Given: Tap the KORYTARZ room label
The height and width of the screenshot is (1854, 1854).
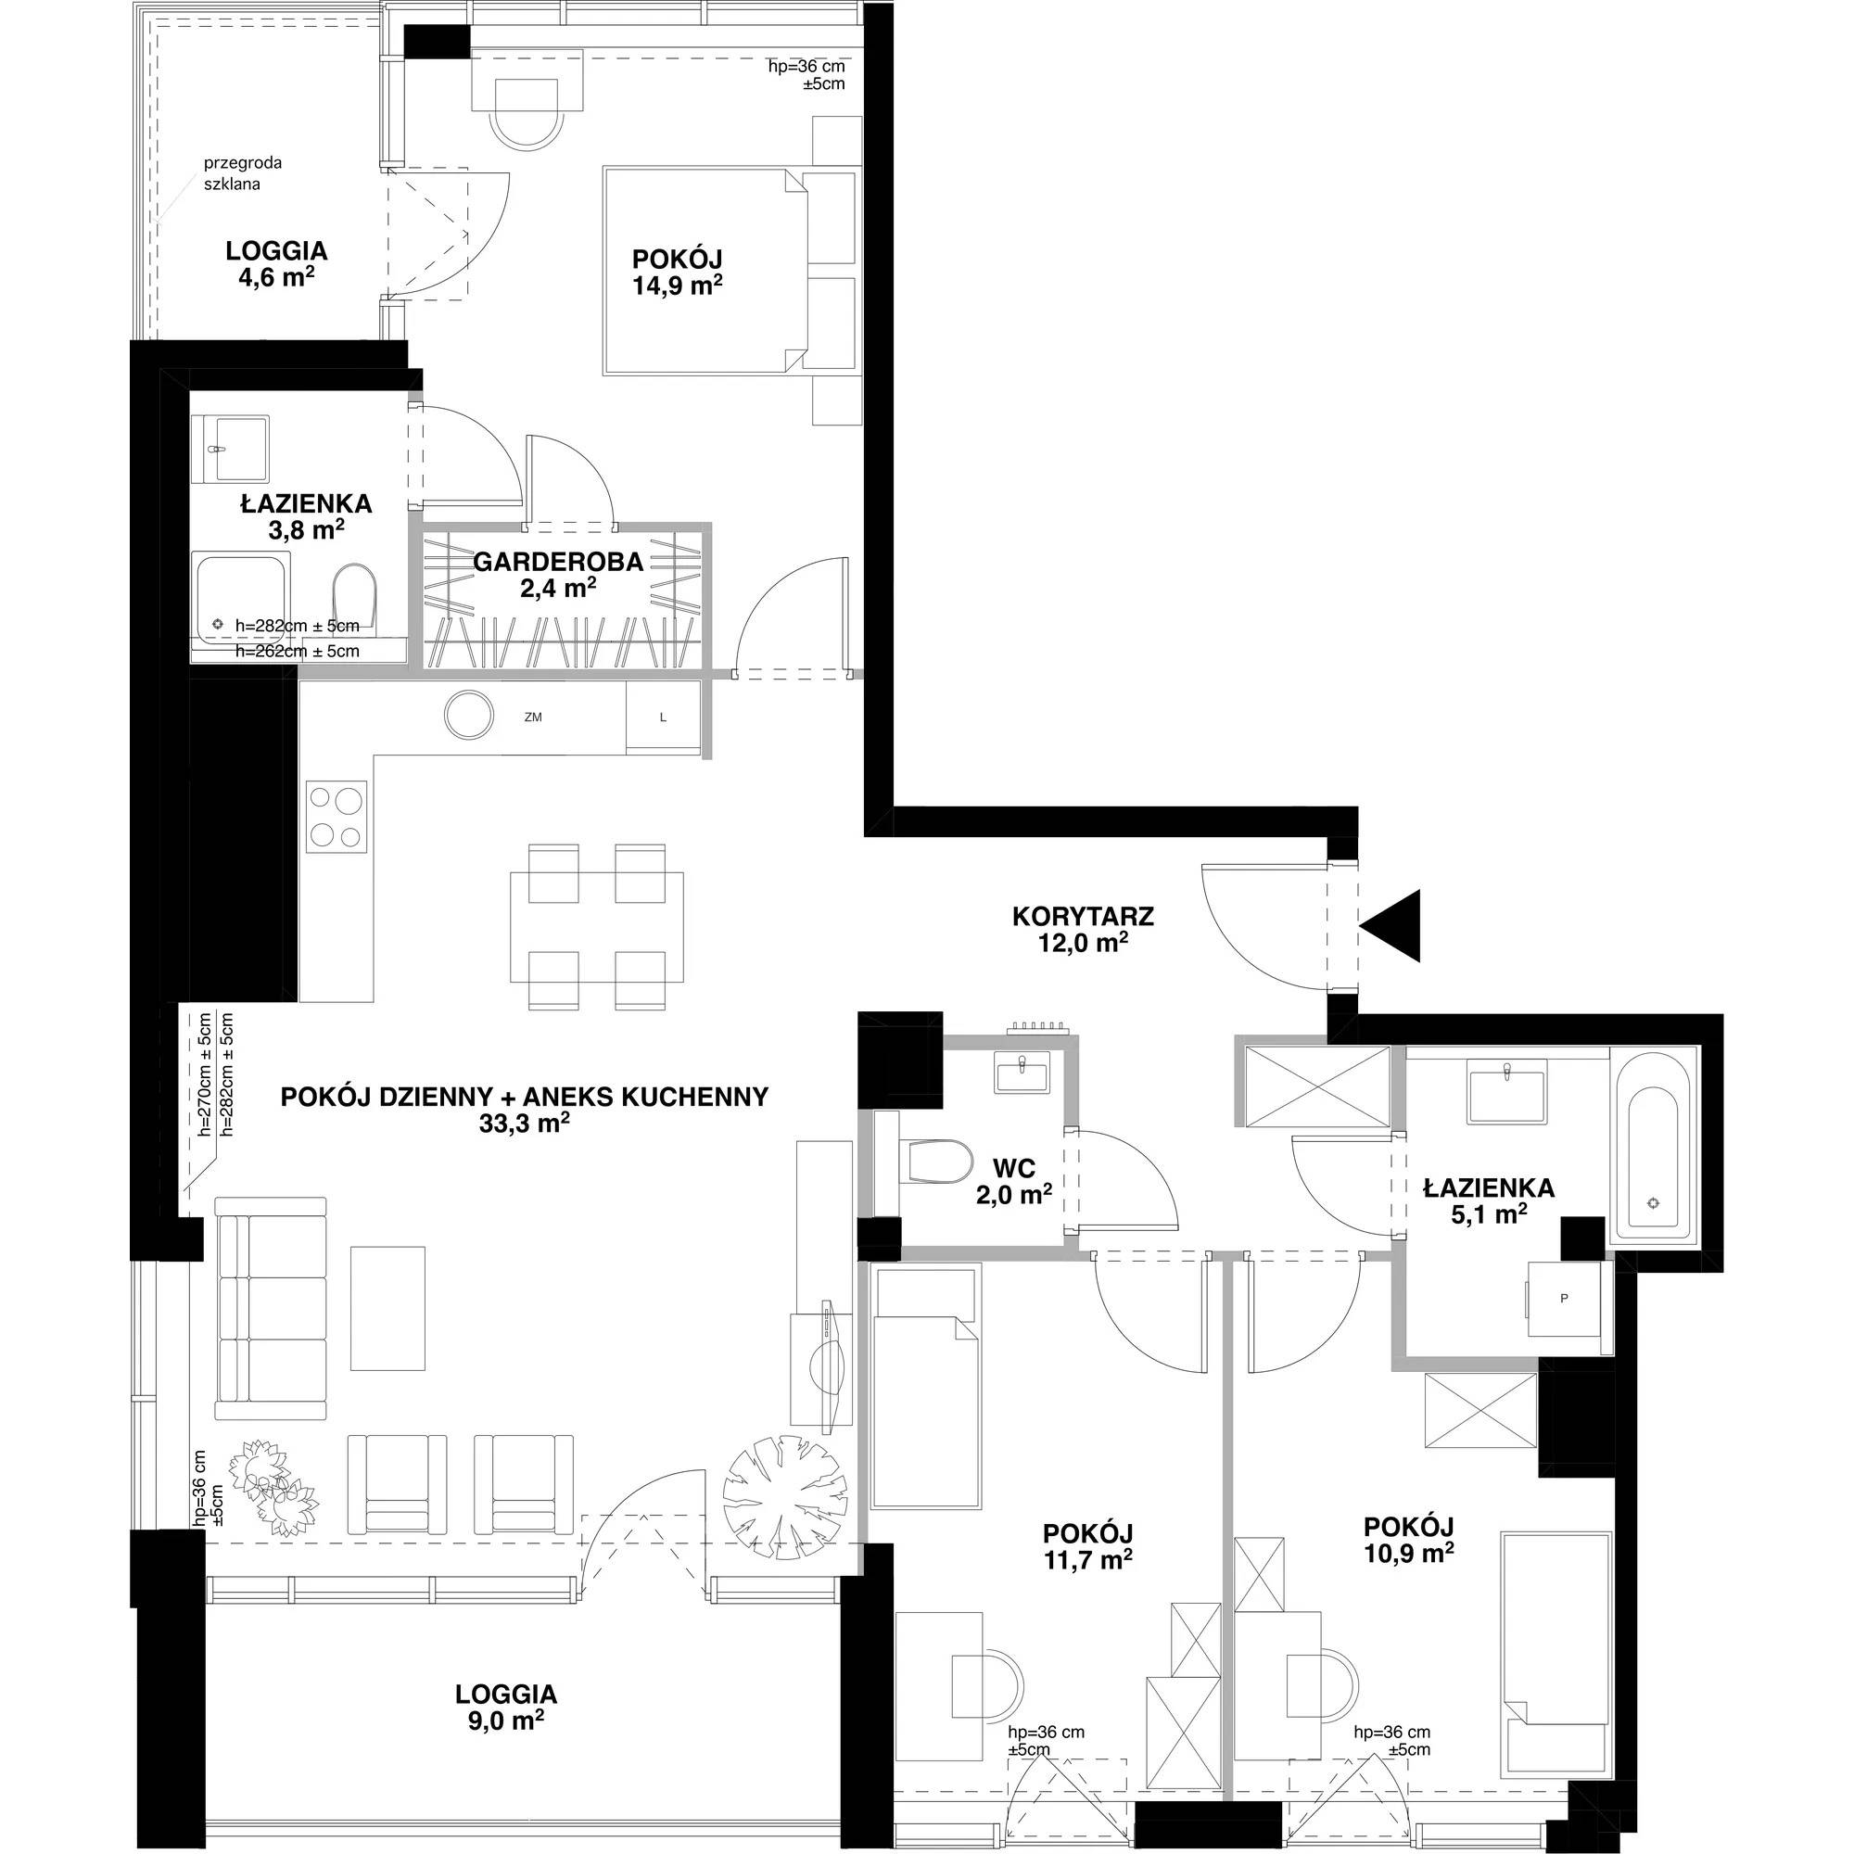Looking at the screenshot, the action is (x=1083, y=917).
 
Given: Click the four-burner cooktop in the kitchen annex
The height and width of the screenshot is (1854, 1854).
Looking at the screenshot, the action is (x=337, y=817).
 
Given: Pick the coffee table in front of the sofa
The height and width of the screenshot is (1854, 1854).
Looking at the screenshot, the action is (x=387, y=1308).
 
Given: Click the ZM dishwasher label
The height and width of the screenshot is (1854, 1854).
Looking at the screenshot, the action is (x=534, y=717).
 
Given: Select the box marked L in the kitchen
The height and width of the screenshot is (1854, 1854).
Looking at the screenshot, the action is (x=662, y=716).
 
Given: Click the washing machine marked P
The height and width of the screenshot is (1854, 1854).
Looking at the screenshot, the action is (x=1563, y=1299).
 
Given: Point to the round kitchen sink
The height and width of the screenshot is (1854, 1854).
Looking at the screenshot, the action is (x=470, y=715).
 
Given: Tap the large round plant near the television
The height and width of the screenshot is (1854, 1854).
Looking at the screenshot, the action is (x=786, y=1497).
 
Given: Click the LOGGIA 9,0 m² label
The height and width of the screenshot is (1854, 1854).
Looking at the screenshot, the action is (x=507, y=1707).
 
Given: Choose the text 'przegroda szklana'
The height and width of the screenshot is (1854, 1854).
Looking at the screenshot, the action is (x=243, y=172).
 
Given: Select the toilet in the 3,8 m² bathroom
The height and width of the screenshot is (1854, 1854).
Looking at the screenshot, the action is (x=356, y=598).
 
